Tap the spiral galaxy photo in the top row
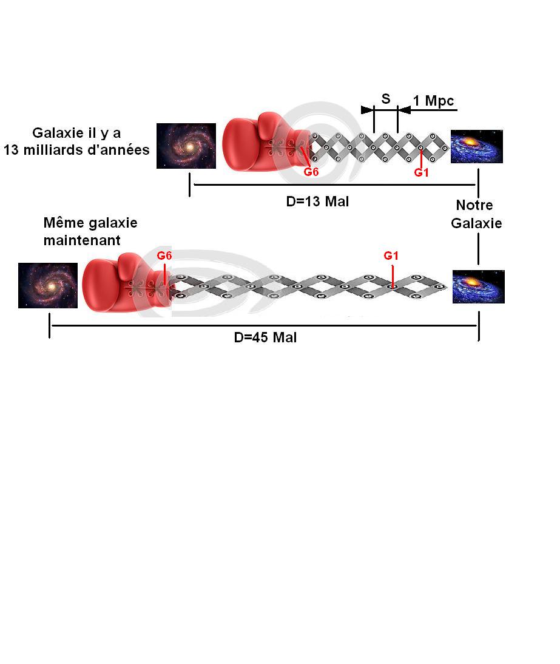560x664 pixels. point(186,146)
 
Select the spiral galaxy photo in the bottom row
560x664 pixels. point(48,285)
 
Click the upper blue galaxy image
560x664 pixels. point(476,146)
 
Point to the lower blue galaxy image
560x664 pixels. point(479,286)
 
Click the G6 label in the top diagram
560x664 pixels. point(311,172)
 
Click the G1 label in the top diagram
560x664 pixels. point(422,173)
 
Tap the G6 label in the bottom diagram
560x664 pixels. point(164,256)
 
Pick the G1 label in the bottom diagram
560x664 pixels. point(391,256)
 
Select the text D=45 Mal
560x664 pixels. point(265,338)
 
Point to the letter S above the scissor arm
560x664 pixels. point(385,98)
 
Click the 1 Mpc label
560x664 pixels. point(433,101)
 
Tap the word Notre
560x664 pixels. point(474,205)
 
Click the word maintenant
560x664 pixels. point(82,240)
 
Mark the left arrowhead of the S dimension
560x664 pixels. point(366,110)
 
